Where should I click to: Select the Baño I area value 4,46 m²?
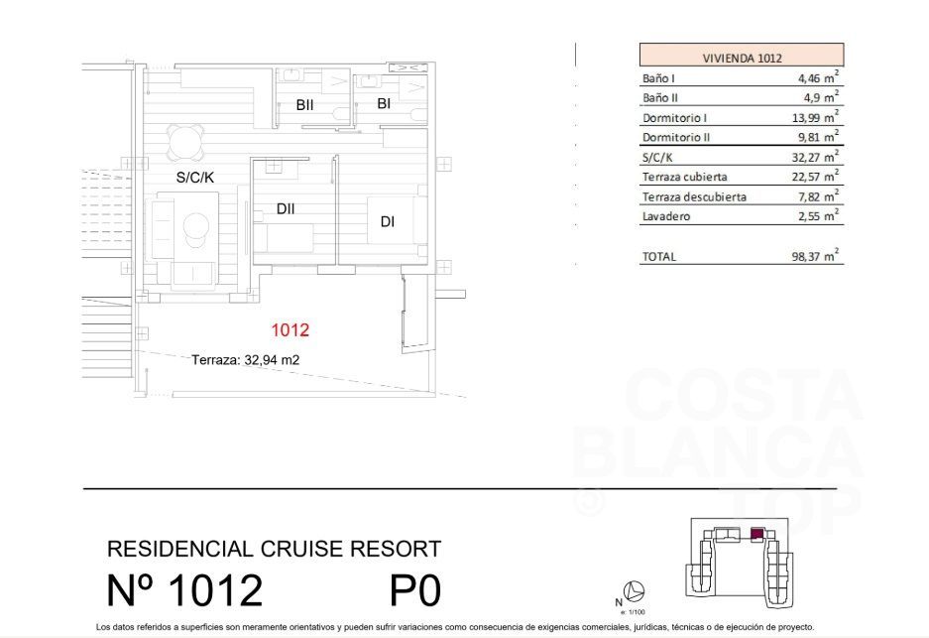pyautogui.click(x=818, y=77)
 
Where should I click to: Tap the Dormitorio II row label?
pyautogui.click(x=676, y=137)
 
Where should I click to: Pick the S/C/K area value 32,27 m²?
pyautogui.click(x=815, y=157)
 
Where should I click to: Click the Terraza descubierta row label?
pyautogui.click(x=694, y=196)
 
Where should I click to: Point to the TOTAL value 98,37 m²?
pyautogui.click(x=815, y=256)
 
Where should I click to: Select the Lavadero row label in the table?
pyautogui.click(x=666, y=216)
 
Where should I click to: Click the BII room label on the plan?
pyautogui.click(x=304, y=105)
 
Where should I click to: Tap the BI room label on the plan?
pyautogui.click(x=384, y=103)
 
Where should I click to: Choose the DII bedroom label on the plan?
pyautogui.click(x=286, y=208)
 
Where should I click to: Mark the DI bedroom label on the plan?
pyautogui.click(x=388, y=221)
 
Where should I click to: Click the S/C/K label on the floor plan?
pyautogui.click(x=195, y=177)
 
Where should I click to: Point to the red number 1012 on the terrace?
pyautogui.click(x=290, y=329)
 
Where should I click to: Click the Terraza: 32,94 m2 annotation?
pyautogui.click(x=245, y=359)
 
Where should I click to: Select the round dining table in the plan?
pyautogui.click(x=184, y=142)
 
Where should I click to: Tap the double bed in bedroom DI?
pyautogui.click(x=397, y=220)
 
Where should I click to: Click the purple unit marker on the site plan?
pyautogui.click(x=756, y=534)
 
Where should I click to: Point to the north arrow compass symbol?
pyautogui.click(x=635, y=591)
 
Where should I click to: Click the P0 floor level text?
pyautogui.click(x=415, y=590)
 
